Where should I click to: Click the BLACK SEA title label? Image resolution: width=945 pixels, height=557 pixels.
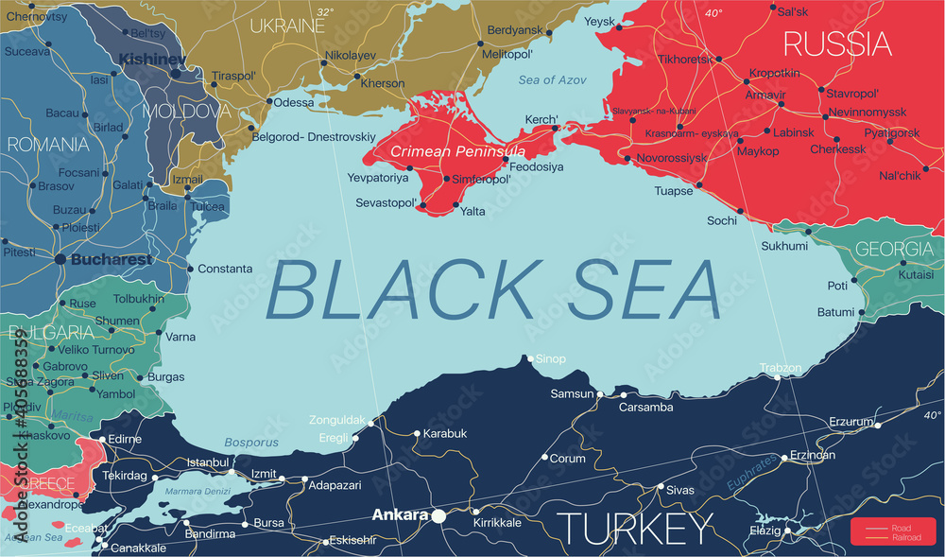pos(494,289)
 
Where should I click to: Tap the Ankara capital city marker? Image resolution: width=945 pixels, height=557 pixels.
pos(438,516)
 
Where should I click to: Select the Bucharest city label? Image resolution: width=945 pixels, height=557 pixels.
pos(112,259)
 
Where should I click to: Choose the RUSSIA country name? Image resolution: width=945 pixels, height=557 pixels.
pos(836,44)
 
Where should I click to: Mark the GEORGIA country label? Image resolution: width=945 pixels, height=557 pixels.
pos(893,250)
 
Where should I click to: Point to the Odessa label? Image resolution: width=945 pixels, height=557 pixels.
pos(294,101)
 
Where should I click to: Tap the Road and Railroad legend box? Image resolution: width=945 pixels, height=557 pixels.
pos(892,531)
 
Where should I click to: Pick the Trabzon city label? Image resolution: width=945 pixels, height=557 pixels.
pos(781,367)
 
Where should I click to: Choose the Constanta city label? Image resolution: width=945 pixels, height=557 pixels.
pos(225,269)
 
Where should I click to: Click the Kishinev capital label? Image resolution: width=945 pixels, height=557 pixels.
pos(150,59)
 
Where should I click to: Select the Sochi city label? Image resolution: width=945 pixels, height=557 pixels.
pos(723,220)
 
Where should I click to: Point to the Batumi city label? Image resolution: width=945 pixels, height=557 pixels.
pos(835,312)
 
